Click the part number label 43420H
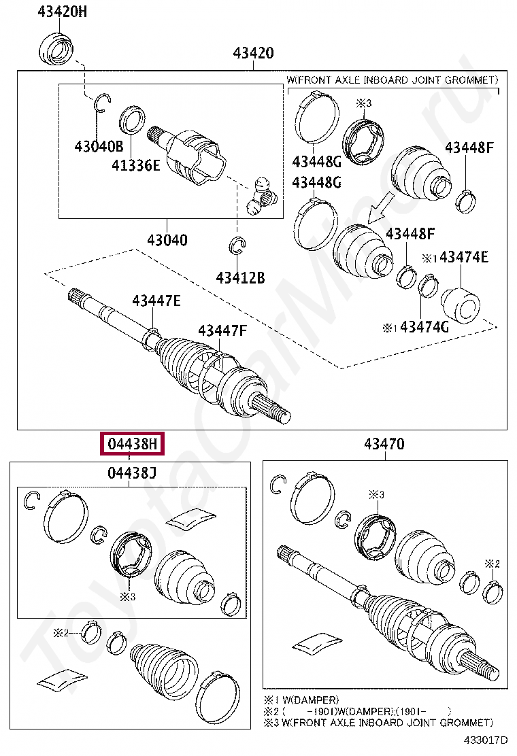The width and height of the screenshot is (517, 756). coord(58,11)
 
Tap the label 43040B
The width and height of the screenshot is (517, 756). coord(99,145)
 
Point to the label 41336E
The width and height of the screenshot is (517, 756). coord(136,164)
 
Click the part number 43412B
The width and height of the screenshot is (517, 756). coord(240,277)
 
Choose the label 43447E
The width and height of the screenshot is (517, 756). coord(156,300)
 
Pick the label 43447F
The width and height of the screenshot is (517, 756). coord(222,330)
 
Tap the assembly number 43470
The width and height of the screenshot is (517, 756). coord(384,445)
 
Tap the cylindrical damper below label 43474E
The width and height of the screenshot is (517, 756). coord(462,307)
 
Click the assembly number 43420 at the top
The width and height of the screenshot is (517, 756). coord(253,52)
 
